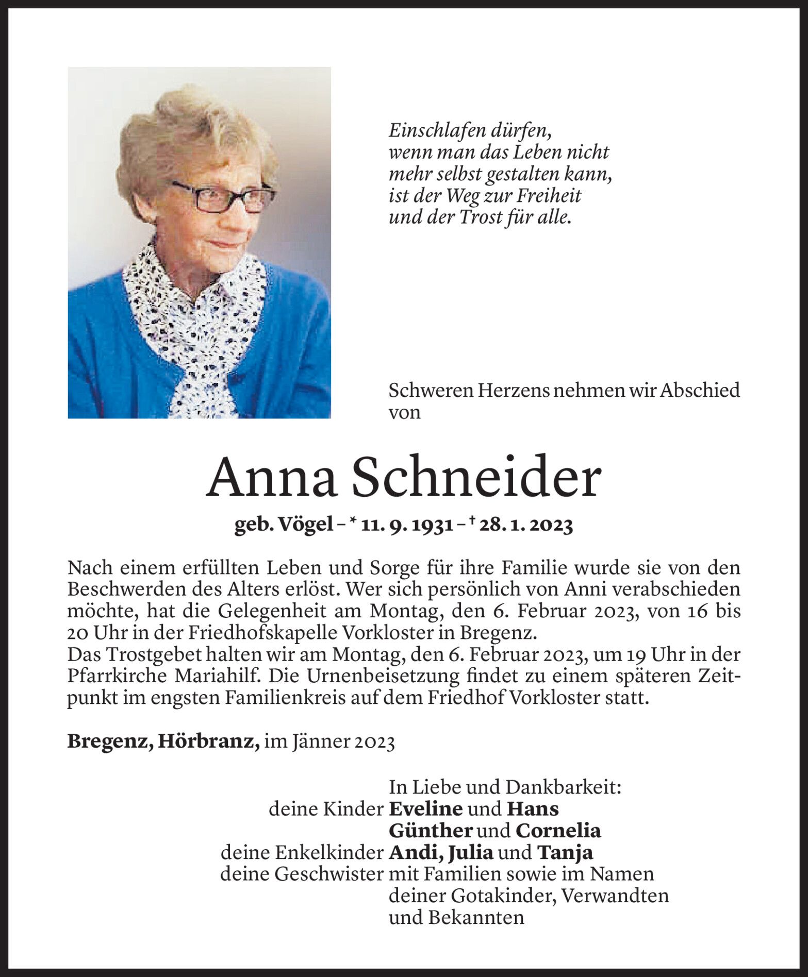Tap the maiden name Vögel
305,526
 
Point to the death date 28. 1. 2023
525,526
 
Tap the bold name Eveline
425,809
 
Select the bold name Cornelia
558,831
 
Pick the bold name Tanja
565,852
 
